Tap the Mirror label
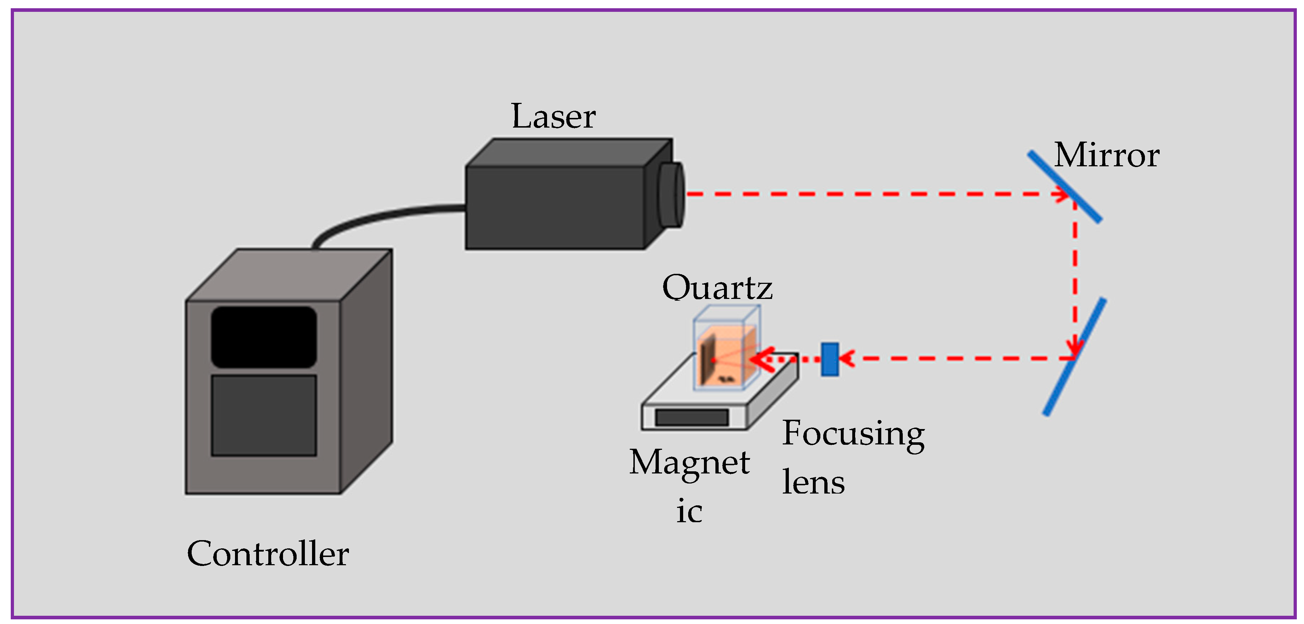click(x=1107, y=156)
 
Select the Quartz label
click(x=717, y=288)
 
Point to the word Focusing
click(x=853, y=434)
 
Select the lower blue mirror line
click(x=1074, y=357)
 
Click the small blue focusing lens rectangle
click(x=830, y=359)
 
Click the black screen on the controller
click(x=264, y=337)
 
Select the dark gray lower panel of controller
click(x=264, y=415)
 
